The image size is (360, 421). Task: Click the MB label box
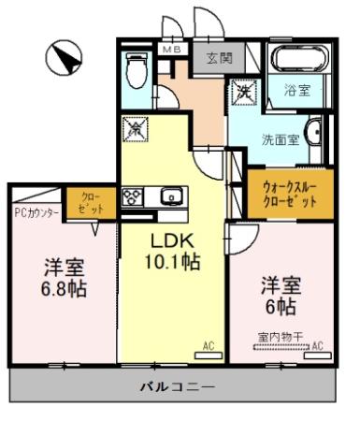coord(173,49)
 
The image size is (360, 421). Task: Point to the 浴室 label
coord(297,92)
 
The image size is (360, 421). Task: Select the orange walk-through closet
coord(283,192)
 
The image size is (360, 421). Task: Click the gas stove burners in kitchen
coord(132,197)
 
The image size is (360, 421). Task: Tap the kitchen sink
coord(171,197)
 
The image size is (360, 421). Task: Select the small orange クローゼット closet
coord(92,203)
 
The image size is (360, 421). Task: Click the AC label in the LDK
coord(209,346)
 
